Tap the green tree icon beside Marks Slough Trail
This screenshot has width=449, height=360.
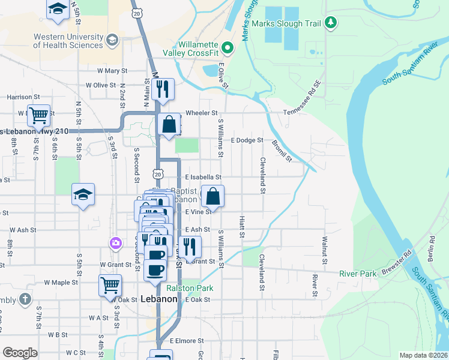pos(330,23)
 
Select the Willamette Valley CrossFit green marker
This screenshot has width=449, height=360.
pos(227,47)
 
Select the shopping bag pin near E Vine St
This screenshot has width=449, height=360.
pos(212,196)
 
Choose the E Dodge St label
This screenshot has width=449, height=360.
pos(247,140)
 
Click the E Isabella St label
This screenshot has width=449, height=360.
pos(203,178)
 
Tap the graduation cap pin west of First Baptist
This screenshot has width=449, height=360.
pos(83,194)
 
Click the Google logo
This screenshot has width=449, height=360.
pos(20,353)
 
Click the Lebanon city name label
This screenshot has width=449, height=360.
pos(159,299)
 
